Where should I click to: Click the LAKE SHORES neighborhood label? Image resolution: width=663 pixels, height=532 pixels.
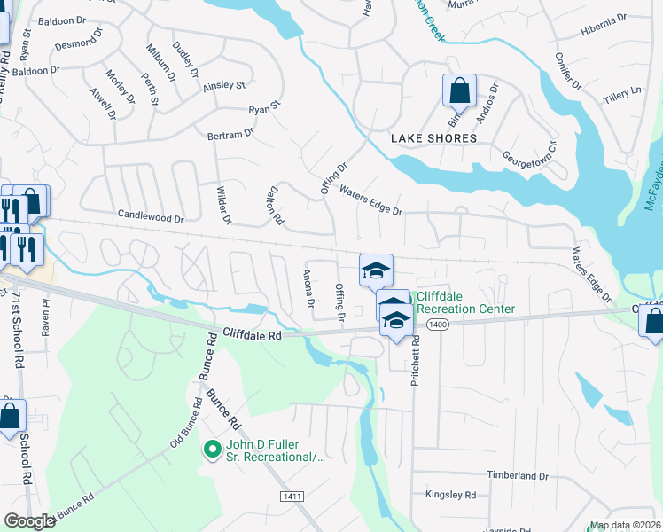point(434,139)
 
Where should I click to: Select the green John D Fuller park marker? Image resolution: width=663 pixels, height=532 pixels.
point(211,450)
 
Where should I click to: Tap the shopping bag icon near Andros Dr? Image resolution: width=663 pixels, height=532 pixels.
point(459,90)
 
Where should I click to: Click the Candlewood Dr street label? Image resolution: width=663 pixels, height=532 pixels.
point(151,216)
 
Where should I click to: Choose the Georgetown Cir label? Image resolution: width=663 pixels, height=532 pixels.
point(530,159)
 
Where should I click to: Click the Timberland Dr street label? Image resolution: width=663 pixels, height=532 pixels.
point(519,476)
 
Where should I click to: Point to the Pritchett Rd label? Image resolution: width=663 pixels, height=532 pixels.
point(415,348)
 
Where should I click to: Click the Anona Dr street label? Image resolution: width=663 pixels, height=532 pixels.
point(308,289)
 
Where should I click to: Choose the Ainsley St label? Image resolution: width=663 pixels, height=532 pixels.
point(223,86)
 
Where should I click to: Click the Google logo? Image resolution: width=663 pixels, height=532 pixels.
point(29,521)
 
